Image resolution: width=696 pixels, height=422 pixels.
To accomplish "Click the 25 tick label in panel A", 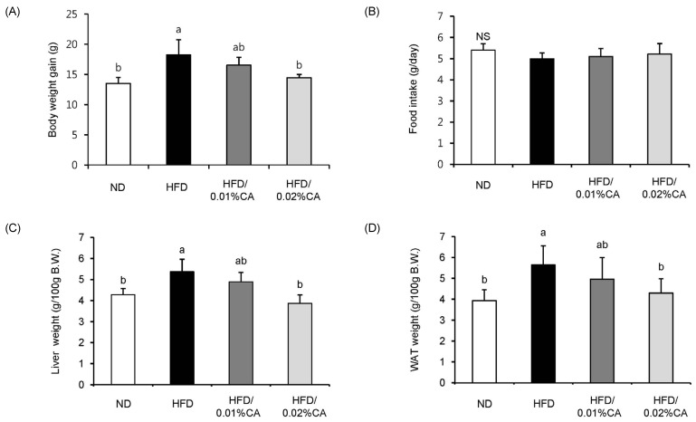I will point(83,14).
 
